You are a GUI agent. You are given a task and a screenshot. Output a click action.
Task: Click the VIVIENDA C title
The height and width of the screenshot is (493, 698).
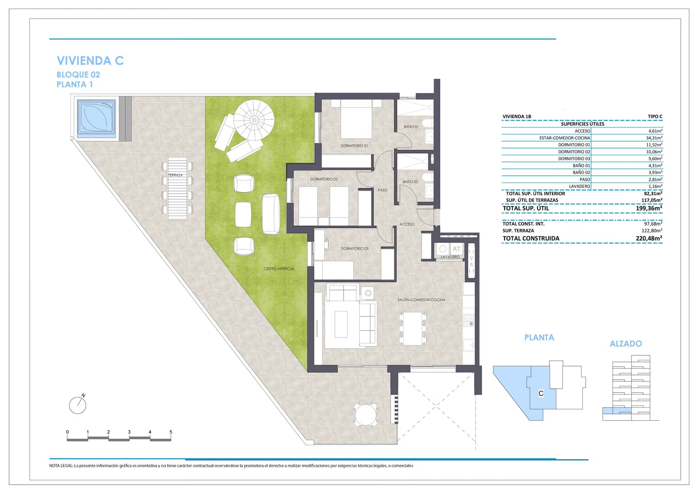click(x=90, y=60)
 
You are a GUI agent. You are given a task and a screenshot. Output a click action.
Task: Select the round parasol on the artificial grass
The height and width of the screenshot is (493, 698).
click(x=254, y=120)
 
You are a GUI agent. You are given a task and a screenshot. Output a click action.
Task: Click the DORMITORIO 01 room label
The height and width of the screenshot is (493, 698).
click(x=354, y=146)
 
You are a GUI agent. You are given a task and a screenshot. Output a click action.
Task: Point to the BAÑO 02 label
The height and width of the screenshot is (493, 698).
click(x=410, y=182)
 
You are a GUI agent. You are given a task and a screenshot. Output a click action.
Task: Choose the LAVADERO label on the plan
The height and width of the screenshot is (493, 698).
click(x=450, y=257)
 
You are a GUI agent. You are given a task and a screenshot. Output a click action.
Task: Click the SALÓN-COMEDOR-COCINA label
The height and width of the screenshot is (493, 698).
click(x=421, y=300)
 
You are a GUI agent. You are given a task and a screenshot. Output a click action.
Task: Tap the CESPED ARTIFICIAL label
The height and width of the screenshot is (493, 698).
click(x=279, y=269)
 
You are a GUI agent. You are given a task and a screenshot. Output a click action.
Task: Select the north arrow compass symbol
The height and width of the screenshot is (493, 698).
click(x=78, y=404)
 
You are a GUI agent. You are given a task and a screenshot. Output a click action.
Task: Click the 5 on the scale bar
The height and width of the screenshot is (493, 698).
click(x=171, y=432)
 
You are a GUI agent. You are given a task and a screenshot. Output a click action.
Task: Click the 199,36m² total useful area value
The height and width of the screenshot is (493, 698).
click(x=649, y=209)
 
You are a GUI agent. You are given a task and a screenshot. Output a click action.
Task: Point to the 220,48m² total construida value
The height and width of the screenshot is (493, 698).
click(x=649, y=238)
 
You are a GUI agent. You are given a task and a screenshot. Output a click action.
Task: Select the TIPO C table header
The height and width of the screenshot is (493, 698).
click(x=655, y=117)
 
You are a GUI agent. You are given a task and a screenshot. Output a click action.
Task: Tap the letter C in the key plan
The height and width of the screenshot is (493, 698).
click(x=541, y=393)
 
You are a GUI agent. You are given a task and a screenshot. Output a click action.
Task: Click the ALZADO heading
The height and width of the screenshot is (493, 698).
click(x=626, y=344)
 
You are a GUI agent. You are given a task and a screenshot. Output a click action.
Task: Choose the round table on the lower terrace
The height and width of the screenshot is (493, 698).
click(x=365, y=415)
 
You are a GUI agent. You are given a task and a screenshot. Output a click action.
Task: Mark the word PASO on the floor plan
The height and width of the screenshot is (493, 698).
click(x=382, y=190)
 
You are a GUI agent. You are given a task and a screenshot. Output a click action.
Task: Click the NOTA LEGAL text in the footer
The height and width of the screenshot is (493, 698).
click(x=61, y=466)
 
